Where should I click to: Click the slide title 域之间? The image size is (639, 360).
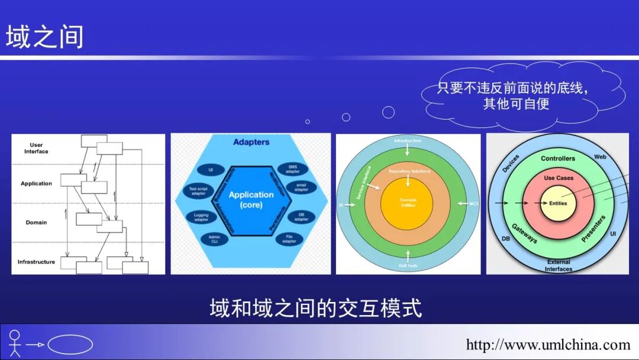click(45, 37)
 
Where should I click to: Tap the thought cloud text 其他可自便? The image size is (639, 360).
click(516, 104)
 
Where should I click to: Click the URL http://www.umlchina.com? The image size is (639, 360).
click(548, 345)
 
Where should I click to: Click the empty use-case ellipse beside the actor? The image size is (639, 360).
click(70, 344)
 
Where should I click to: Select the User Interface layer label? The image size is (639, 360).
click(36, 148)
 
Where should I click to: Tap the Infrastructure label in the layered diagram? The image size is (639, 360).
click(36, 262)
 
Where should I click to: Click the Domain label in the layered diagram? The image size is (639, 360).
click(36, 223)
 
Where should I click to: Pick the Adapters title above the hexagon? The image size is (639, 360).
click(251, 142)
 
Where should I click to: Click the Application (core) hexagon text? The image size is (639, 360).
click(251, 200)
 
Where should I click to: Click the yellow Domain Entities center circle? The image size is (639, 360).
click(408, 203)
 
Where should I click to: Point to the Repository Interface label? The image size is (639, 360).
click(408, 171)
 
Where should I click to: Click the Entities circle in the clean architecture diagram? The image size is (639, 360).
click(557, 204)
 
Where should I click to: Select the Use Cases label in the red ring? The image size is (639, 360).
click(558, 178)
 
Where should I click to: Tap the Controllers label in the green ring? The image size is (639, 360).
click(557, 159)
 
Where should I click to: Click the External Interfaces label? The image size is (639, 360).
click(558, 265)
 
